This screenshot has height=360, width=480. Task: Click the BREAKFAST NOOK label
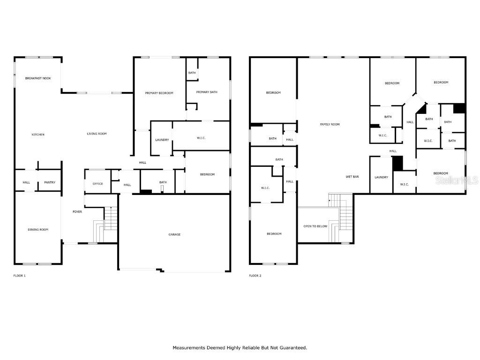click(x=38, y=78)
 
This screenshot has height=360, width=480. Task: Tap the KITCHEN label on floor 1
click(x=38, y=135)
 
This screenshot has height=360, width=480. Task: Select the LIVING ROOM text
click(x=97, y=134)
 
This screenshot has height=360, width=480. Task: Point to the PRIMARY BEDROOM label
click(x=159, y=93)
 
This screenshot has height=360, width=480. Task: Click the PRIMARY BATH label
click(x=207, y=92)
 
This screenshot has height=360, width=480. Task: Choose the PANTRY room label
click(x=50, y=182)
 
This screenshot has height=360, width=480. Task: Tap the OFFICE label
click(x=97, y=184)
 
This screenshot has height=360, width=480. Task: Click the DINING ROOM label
click(x=38, y=229)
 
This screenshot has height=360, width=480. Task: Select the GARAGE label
click(x=174, y=234)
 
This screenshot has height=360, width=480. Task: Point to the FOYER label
click(x=77, y=212)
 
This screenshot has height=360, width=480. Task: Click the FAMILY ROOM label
click(x=330, y=124)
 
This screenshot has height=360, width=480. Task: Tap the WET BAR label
click(x=352, y=177)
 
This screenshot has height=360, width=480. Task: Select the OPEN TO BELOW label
click(x=315, y=226)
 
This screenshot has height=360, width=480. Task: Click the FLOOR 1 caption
click(x=19, y=276)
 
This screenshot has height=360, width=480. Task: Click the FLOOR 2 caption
click(x=255, y=276)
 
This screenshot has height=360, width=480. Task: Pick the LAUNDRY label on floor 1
click(x=162, y=140)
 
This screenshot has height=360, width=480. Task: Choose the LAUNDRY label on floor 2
click(x=381, y=177)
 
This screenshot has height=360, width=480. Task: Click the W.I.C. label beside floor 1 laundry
click(x=201, y=138)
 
